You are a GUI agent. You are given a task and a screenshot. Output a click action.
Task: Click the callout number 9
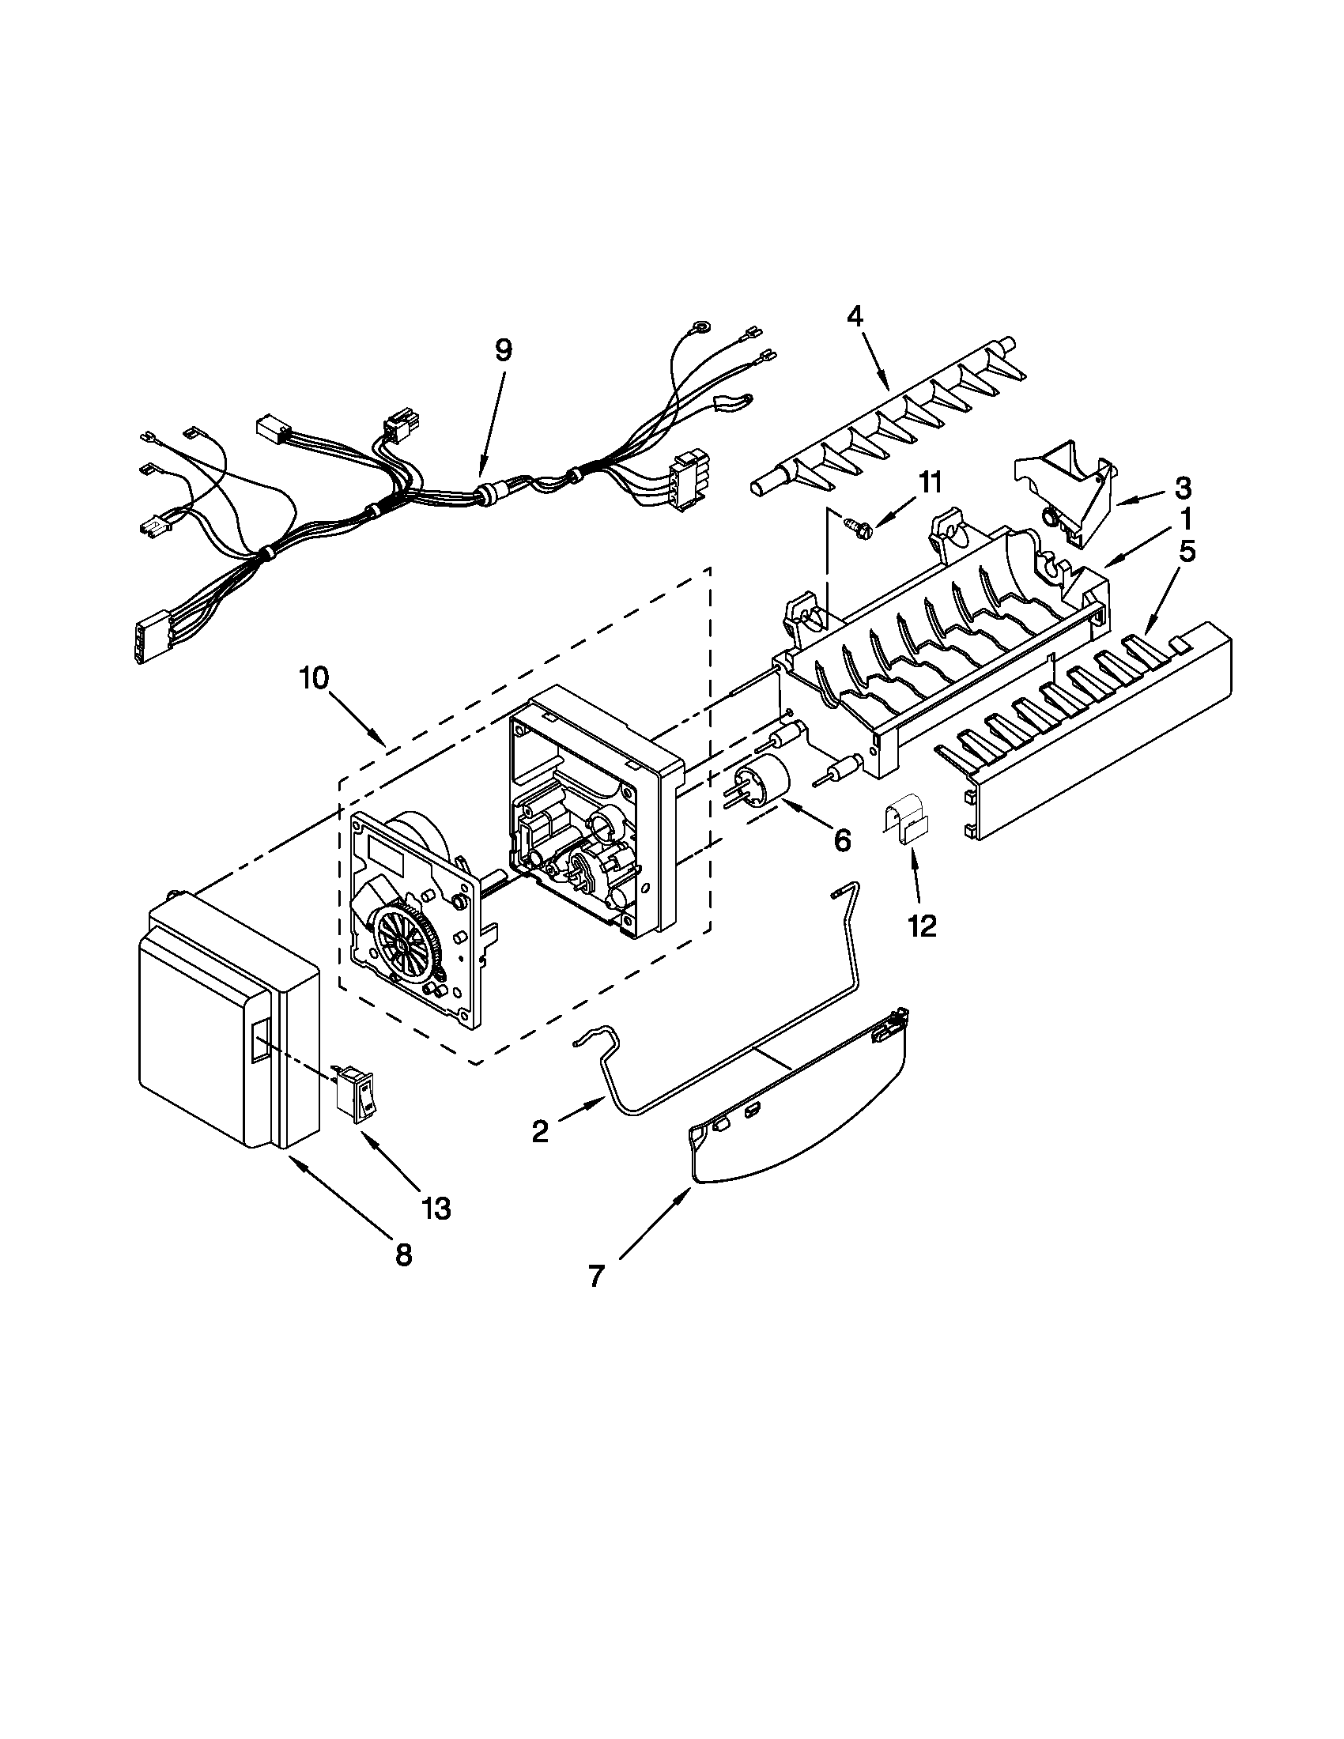pyautogui.click(x=503, y=351)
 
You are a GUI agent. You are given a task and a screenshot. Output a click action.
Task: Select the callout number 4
pyautogui.click(x=854, y=317)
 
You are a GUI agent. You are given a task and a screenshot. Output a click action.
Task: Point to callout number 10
pyautogui.click(x=314, y=678)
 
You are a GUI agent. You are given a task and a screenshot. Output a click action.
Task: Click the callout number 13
pyautogui.click(x=437, y=1208)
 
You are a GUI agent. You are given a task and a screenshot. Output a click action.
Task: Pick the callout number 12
pyautogui.click(x=923, y=926)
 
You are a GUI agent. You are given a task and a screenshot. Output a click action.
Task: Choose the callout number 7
pyautogui.click(x=597, y=1277)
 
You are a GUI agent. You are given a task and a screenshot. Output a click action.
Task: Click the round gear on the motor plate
pyautogui.click(x=405, y=943)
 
